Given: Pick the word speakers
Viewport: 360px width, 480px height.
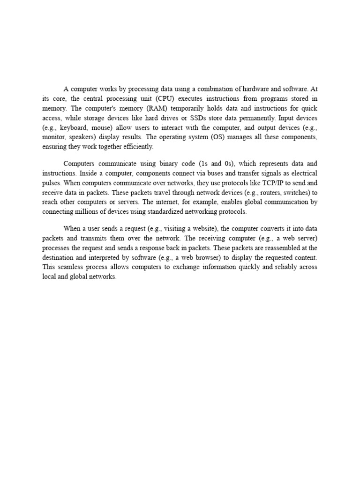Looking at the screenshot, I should (x=83, y=137).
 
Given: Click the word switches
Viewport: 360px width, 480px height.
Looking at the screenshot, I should (x=290, y=193).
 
